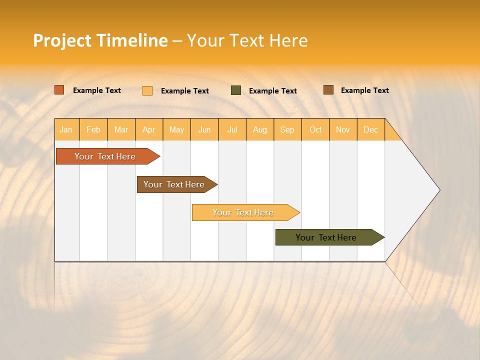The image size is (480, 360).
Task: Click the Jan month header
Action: (x=66, y=129)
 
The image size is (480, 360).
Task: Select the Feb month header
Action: (x=93, y=129)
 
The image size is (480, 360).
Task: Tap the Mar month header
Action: (x=121, y=129)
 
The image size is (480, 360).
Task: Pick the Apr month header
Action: (x=149, y=129)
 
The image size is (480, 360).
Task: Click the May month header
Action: (x=176, y=129)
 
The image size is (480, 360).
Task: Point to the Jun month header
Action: (x=204, y=129)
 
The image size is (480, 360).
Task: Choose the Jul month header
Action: (x=232, y=129)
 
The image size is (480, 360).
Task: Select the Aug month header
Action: (x=260, y=129)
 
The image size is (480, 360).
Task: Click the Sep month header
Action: (x=287, y=129)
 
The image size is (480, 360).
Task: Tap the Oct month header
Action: (x=315, y=129)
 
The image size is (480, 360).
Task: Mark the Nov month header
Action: (x=343, y=129)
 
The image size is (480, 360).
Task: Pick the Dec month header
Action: (x=371, y=129)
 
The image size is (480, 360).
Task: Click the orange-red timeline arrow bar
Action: (x=105, y=156)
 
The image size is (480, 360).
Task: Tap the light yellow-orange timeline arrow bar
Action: (x=243, y=212)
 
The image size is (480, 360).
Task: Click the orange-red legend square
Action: (x=59, y=90)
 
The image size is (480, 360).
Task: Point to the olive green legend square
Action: (x=236, y=90)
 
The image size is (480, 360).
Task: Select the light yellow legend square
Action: (x=147, y=90)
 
